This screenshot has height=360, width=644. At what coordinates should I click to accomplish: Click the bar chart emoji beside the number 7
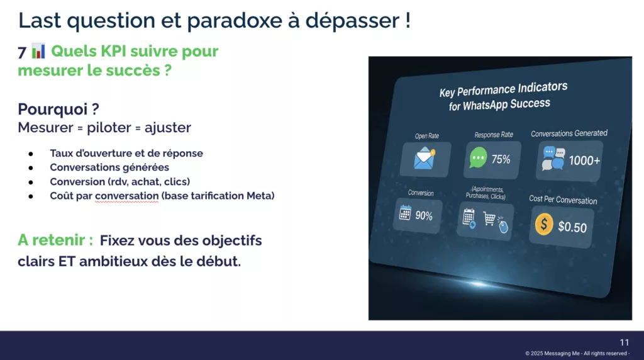click(38, 51)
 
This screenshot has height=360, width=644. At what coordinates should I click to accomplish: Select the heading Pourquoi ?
click(58, 109)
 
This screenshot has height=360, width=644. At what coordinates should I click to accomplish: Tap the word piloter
click(108, 127)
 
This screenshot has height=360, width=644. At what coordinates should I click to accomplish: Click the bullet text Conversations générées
click(109, 167)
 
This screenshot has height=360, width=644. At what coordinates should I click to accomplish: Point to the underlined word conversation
click(126, 196)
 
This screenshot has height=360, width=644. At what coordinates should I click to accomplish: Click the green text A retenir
click(55, 240)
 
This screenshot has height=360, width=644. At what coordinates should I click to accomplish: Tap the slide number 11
click(625, 342)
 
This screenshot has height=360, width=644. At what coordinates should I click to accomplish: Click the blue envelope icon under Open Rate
click(425, 159)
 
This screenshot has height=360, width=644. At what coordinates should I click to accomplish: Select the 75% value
click(501, 159)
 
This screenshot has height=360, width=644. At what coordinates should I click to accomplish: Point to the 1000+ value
click(584, 160)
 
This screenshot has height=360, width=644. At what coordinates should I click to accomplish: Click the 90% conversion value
click(424, 215)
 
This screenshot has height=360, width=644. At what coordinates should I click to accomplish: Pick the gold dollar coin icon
click(544, 225)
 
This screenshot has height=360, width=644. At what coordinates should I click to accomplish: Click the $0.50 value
click(572, 227)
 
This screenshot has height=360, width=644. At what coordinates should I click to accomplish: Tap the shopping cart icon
click(489, 218)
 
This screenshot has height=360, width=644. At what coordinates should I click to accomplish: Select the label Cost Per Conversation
click(563, 200)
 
